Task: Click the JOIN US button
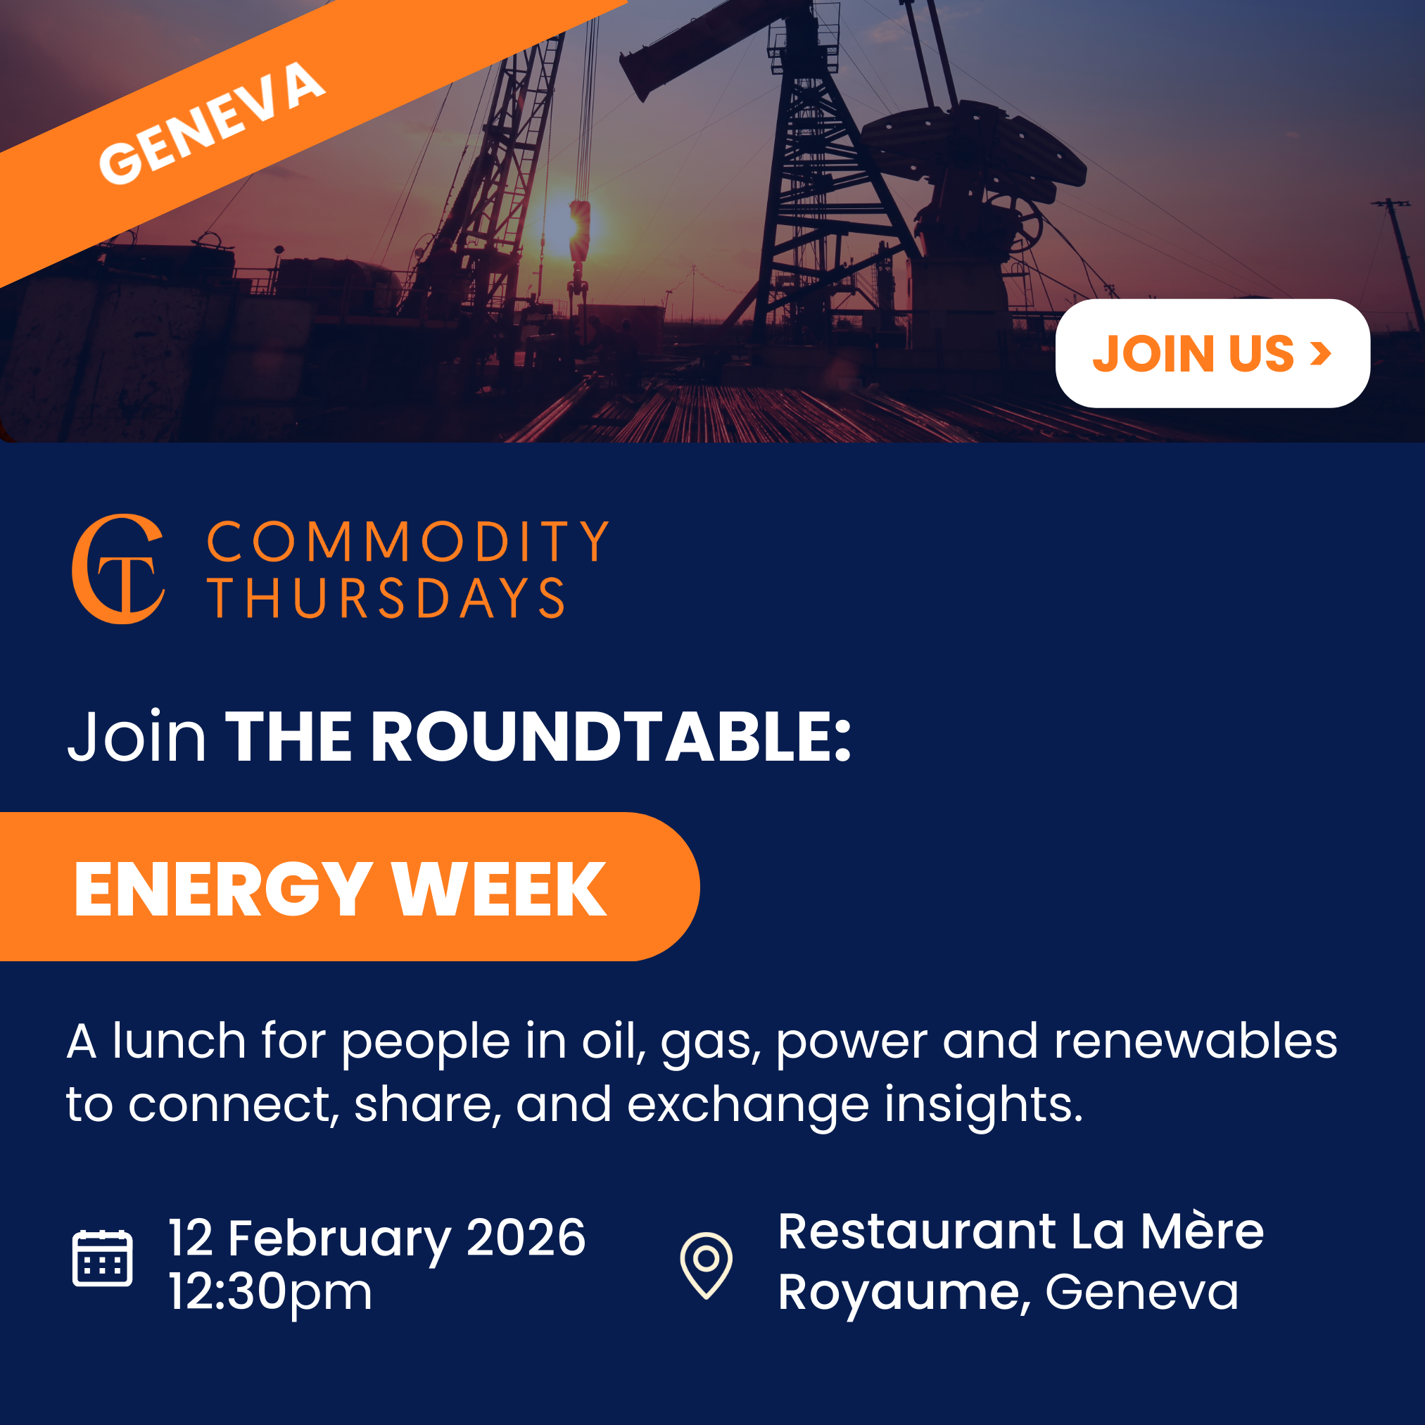click(x=1212, y=353)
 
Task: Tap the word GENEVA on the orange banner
click(x=212, y=123)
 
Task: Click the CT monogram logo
click(x=119, y=569)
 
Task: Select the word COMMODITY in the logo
click(x=408, y=542)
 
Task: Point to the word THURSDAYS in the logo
click(x=386, y=597)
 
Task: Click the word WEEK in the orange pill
click(x=500, y=890)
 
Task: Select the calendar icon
click(x=103, y=1258)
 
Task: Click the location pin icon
click(x=706, y=1265)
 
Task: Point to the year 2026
click(x=526, y=1238)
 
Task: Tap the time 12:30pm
click(x=270, y=1291)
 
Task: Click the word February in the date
click(x=339, y=1239)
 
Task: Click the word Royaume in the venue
click(x=899, y=1293)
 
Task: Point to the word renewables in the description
click(x=1195, y=1041)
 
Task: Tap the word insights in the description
click(x=983, y=1105)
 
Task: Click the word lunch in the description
click(x=179, y=1041)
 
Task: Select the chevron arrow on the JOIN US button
click(x=1320, y=353)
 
